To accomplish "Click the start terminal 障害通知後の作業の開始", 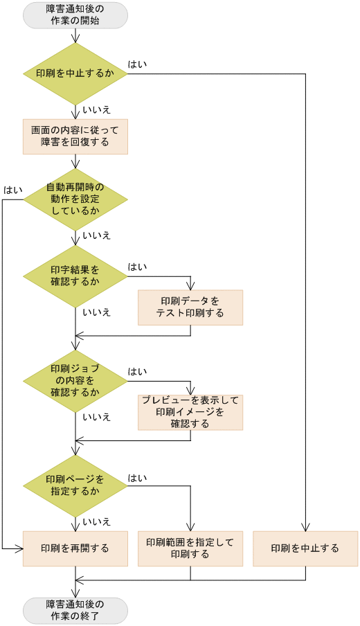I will pyautogui.click(x=75, y=15).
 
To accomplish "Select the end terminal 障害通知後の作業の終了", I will pyautogui.click(x=75, y=611).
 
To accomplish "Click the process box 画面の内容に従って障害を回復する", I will pyautogui.click(x=75, y=136).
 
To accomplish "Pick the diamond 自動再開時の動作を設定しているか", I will pyautogui.click(x=75, y=199).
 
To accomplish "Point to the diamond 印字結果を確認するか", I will pyautogui.click(x=75, y=276).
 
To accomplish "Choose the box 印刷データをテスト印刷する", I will pyautogui.click(x=190, y=307).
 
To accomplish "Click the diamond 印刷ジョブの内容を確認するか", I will pyautogui.click(x=75, y=380).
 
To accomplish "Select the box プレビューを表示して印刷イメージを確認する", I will pyautogui.click(x=190, y=412).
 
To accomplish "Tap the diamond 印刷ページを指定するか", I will pyautogui.click(x=75, y=485).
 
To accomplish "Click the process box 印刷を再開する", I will pyautogui.click(x=75, y=548).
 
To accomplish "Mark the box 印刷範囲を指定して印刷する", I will pyautogui.click(x=190, y=548).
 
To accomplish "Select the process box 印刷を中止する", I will pyautogui.click(x=305, y=548).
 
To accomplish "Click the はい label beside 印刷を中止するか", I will pyautogui.click(x=137, y=64).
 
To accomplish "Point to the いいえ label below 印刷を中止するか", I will pyautogui.click(x=96, y=109).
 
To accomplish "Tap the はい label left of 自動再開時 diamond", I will pyautogui.click(x=12, y=190).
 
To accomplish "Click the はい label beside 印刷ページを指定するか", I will pyautogui.click(x=137, y=478).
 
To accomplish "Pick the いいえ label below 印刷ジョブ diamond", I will pyautogui.click(x=96, y=417).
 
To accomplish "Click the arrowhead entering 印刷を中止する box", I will pyautogui.click(x=305, y=527).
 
